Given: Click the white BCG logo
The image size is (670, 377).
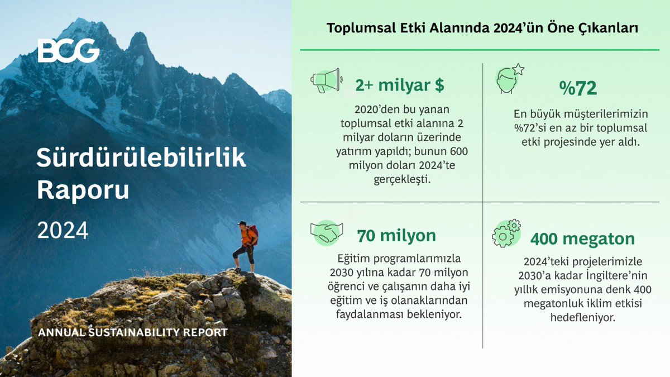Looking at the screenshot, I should tap(69, 51).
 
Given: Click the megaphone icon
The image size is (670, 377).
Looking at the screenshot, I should tap(326, 80).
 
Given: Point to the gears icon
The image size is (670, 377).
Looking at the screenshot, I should tap(506, 233).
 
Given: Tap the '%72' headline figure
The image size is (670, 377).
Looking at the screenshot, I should tap(578, 88).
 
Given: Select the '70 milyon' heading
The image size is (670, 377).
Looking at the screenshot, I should tap(396, 236).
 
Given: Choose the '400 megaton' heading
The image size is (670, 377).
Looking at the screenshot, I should tap(582, 239).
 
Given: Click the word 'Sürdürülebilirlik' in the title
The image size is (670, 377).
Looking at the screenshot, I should tap(141, 159).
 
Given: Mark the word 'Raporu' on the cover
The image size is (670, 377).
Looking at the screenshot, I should tap(83, 190).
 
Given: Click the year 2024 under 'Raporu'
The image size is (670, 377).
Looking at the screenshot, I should tap(63, 230).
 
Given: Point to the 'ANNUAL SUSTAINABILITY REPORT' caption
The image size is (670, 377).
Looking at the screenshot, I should tap(132, 332).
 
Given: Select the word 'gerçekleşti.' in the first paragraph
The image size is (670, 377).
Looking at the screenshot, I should tap(400, 180).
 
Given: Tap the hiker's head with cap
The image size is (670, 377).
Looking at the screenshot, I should tap(242, 224).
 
